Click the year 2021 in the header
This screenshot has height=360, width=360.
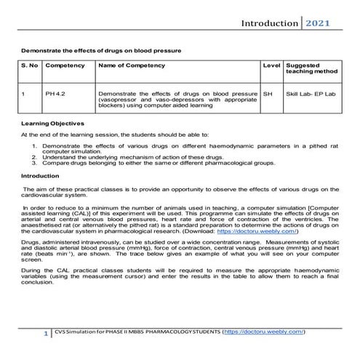(x=317, y=24)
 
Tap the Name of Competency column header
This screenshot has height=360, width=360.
(x=131, y=65)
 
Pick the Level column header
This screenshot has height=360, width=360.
(x=270, y=65)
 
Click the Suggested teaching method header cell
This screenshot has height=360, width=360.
(x=306, y=68)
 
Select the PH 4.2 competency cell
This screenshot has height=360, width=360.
(x=55, y=94)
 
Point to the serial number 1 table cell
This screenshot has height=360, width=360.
(x=25, y=94)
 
